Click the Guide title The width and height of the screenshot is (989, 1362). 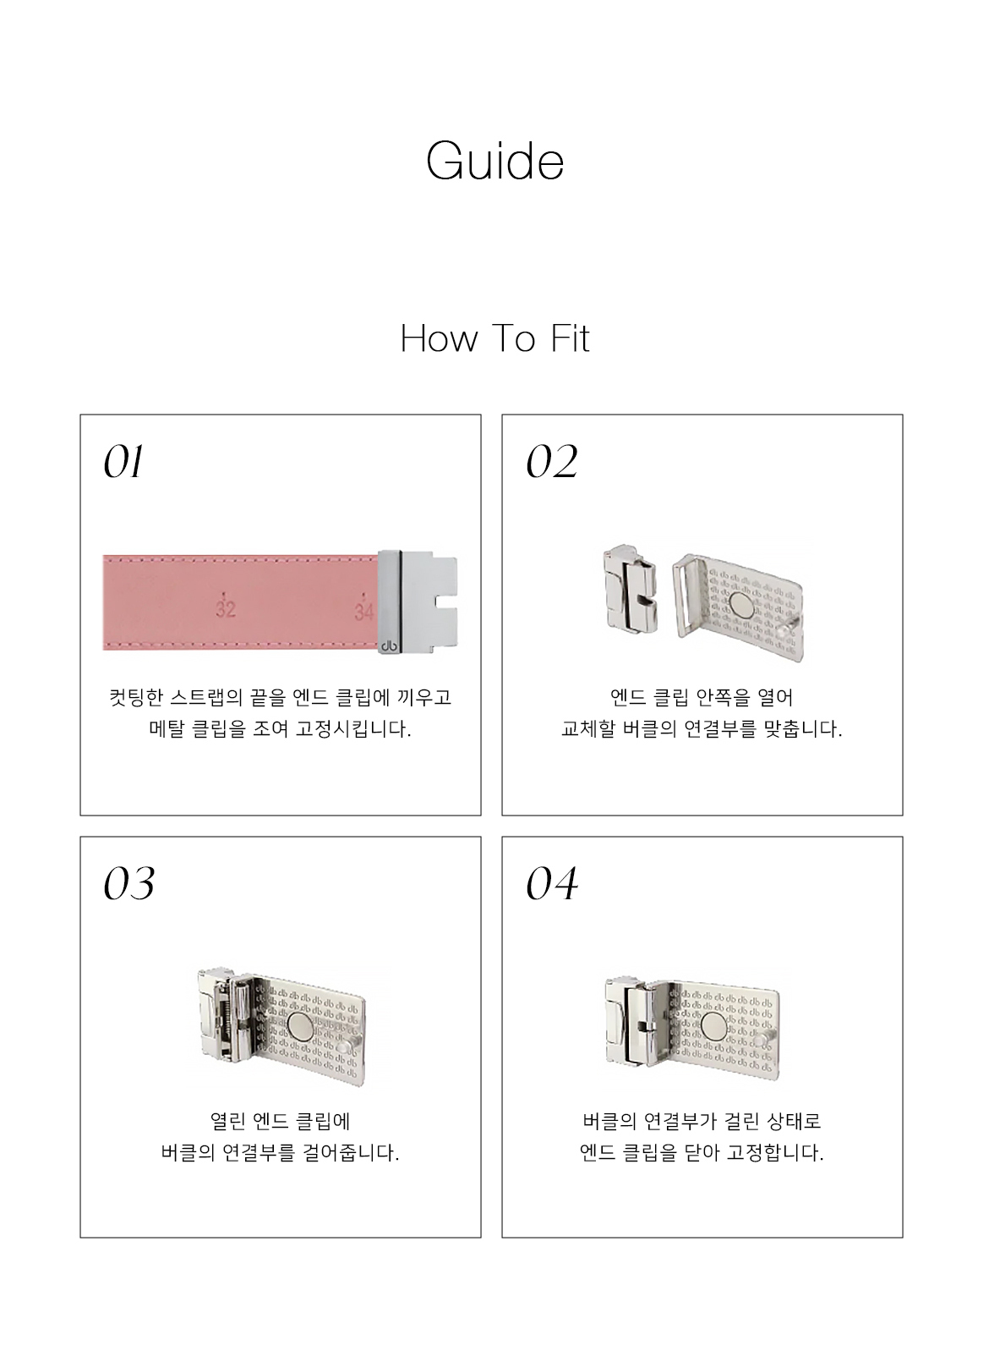tap(494, 161)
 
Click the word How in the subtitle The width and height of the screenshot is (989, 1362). tap(440, 338)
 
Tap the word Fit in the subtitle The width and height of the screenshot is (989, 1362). tap(570, 338)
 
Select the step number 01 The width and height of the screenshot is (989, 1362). tap(124, 462)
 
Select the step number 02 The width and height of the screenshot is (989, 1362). tap(552, 462)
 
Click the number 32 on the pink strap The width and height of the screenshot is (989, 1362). tap(226, 608)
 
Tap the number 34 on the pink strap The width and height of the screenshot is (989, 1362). tap(363, 611)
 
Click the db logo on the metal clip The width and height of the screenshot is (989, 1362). tap(389, 645)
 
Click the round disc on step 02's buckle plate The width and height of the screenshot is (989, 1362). tap(741, 605)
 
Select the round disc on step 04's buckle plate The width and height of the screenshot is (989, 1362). tap(713, 1027)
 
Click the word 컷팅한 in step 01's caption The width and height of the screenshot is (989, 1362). tap(136, 697)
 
